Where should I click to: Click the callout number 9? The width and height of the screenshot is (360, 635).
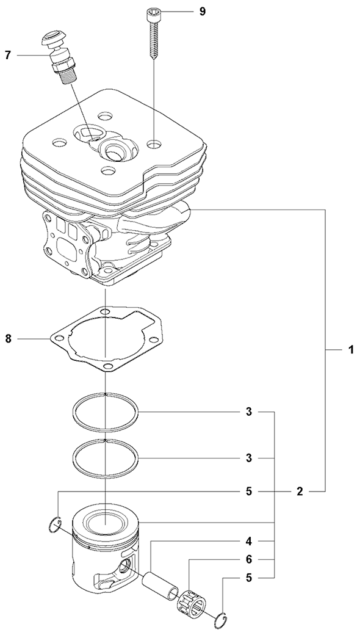tap(202, 12)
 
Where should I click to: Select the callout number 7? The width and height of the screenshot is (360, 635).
tap(8, 55)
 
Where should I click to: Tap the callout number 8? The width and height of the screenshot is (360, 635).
tap(8, 338)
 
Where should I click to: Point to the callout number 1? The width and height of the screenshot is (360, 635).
tap(351, 349)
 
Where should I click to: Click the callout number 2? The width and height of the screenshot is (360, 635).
tap(300, 492)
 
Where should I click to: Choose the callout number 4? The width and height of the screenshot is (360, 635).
tap(249, 541)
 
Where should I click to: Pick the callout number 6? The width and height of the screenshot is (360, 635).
tap(249, 559)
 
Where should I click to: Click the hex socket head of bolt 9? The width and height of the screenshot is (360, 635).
tap(152, 15)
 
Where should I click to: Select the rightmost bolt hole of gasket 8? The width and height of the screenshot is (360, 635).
tap(153, 340)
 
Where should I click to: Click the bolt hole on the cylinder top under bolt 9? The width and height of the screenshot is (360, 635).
tap(153, 143)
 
